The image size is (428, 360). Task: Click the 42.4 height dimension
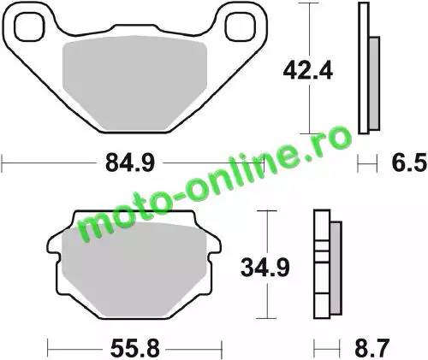pos(308,71)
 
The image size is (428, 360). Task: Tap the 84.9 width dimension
pos(130,163)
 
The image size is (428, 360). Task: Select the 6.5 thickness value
pos(409,163)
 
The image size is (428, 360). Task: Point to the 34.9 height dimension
pos(265,268)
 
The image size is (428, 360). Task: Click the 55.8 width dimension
pos(135,348)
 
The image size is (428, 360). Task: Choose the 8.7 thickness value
pos(372,348)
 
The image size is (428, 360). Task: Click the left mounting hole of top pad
pos(30,27)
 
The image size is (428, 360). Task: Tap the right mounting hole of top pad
pos(240,27)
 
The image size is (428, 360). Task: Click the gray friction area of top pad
pos(134,83)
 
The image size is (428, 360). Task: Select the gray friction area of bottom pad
pos(134,271)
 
